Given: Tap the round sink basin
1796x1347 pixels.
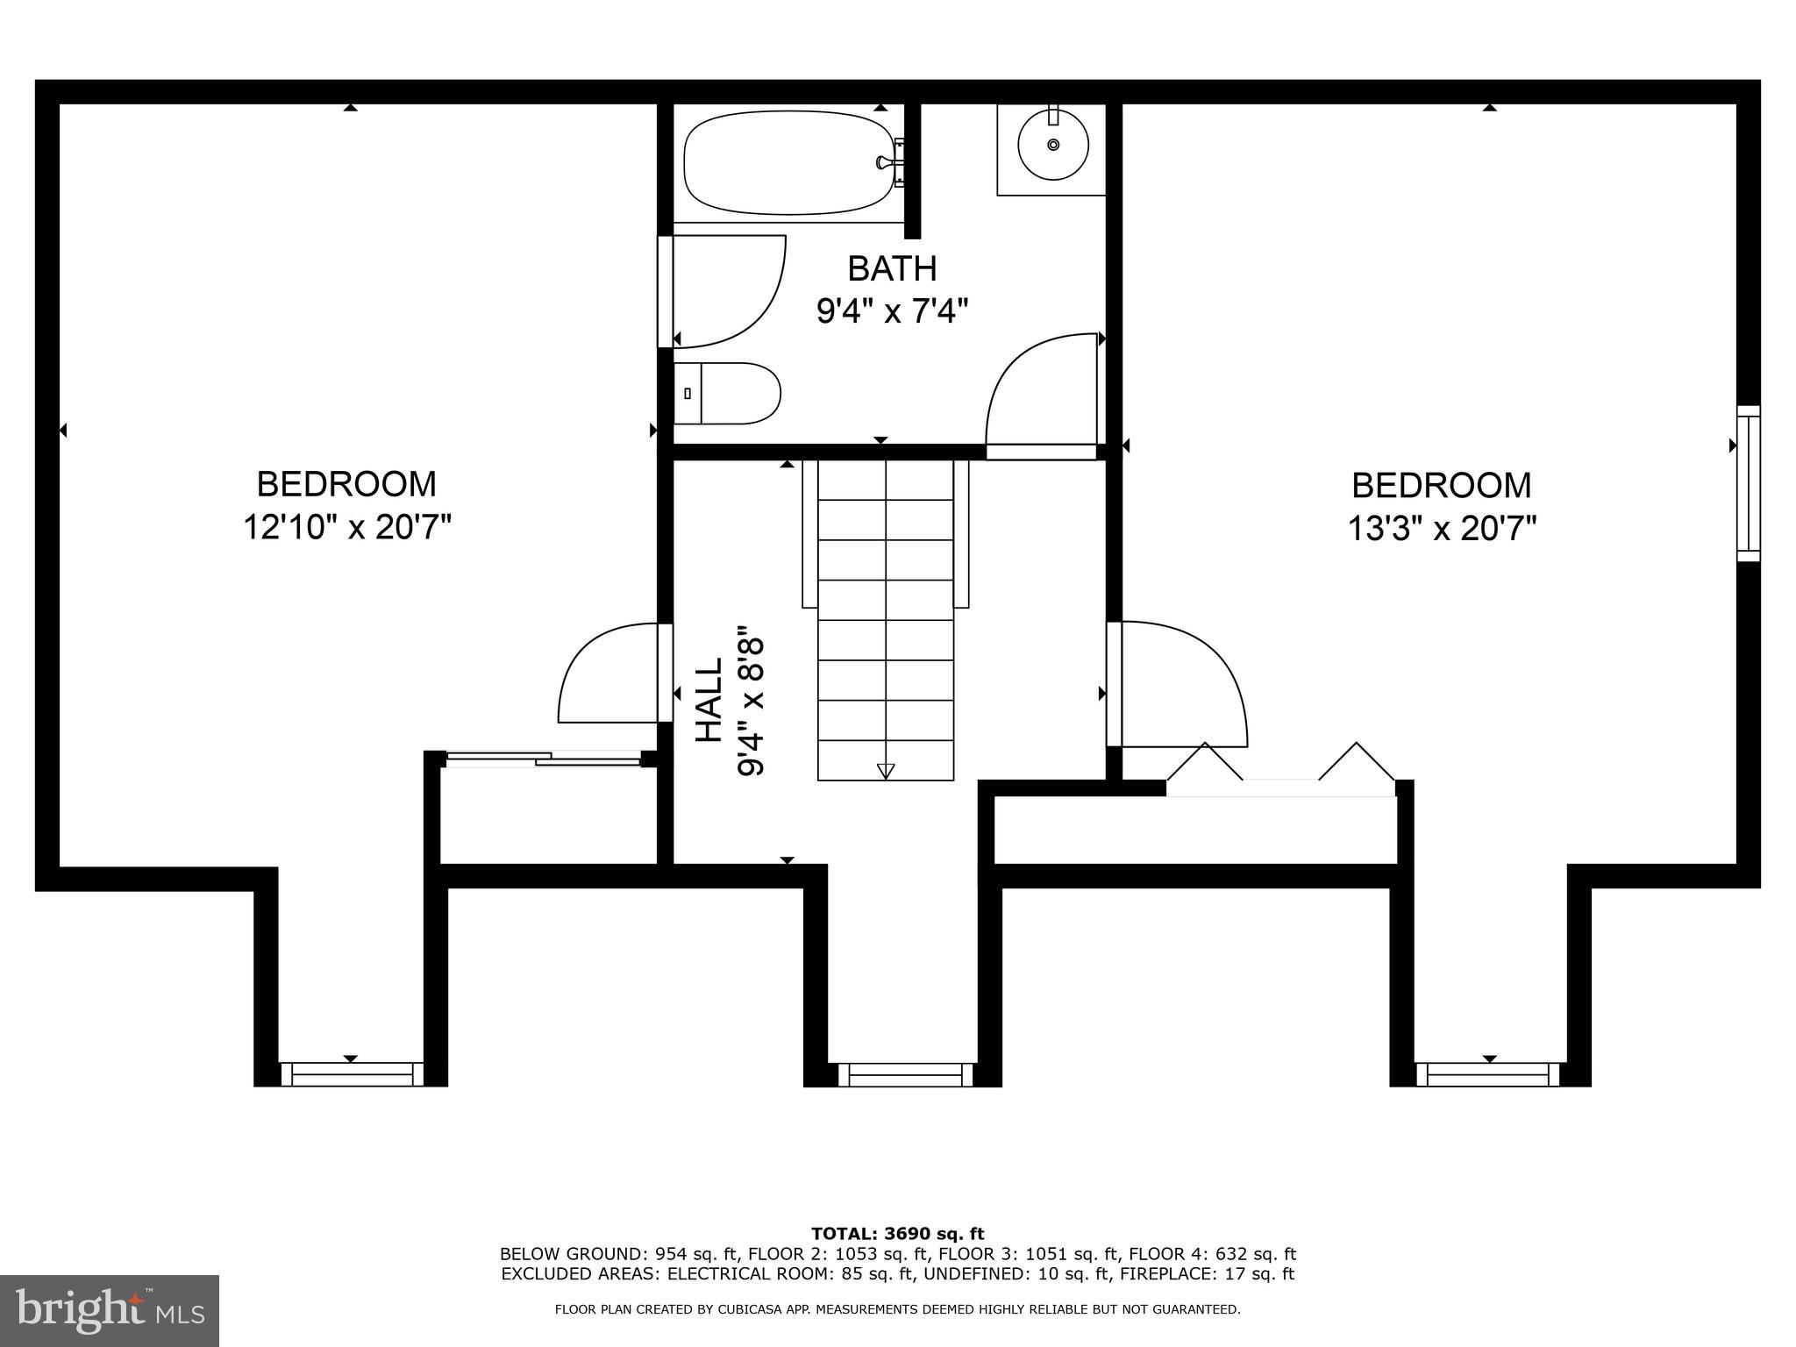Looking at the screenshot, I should pos(1052,144).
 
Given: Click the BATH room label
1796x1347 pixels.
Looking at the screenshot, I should pos(892,268).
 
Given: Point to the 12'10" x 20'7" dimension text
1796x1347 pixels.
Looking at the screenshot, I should pos(347,528).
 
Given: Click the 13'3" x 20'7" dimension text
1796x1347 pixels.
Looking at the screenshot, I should pos(1442,529).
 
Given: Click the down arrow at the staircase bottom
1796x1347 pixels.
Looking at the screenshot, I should pos(886,771).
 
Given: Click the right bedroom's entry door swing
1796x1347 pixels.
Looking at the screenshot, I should pos(1180,680).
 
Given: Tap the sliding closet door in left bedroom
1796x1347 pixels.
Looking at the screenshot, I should pos(544,759).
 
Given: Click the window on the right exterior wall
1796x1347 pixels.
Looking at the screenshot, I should pos(1749,483).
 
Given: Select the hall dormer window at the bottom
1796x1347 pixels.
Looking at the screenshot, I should pos(905,1074).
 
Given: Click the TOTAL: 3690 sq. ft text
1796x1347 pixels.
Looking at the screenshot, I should pos(897,1234).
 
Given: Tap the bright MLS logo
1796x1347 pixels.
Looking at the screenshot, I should pos(110,1310).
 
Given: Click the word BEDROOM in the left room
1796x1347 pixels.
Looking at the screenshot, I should pos(346,484).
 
